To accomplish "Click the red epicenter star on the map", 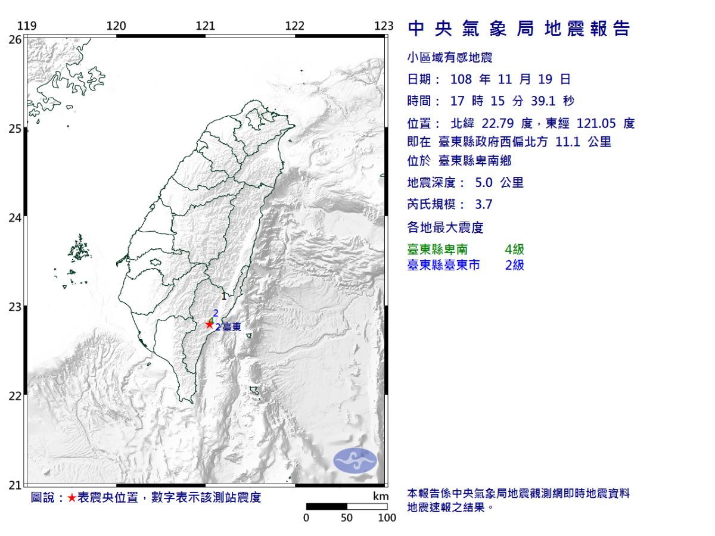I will pos(209,324).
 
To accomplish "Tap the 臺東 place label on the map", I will pos(232,327).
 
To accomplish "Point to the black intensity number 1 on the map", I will pos(223,296).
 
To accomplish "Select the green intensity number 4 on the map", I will pos(212,320).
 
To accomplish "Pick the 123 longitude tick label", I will pos(384,26).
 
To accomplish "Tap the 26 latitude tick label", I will pos(15,39).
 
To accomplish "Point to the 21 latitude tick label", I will pos(15,485).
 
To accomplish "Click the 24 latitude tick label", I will pos(15,218).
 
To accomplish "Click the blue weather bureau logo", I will pos(355,460).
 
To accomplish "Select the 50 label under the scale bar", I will pos(347,518).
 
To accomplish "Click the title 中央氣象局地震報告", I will pos(518,29).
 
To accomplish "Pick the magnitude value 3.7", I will pos(484,205).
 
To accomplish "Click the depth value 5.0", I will pos(484,183).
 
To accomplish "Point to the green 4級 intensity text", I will pos(514,250).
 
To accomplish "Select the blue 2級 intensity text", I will pos(514,265).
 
